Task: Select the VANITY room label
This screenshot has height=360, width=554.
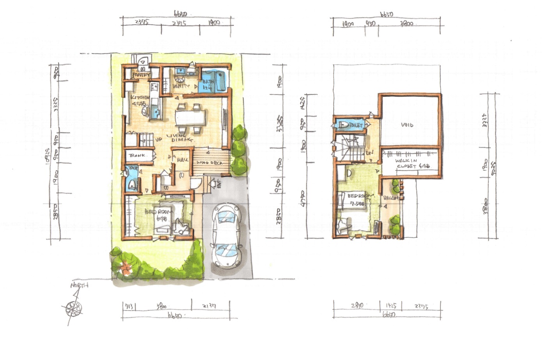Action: click(181, 86)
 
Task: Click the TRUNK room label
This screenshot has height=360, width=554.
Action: click(137, 155)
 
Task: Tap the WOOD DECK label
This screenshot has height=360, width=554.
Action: click(210, 162)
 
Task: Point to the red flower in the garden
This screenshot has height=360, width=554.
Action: click(126, 268)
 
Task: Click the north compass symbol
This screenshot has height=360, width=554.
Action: click(73, 308)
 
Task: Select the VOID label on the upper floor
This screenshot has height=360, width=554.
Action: click(407, 125)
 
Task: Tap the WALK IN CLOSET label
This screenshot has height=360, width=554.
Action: click(410, 163)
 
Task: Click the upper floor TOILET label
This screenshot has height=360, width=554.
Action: click(356, 125)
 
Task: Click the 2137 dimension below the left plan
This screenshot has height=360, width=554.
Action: click(210, 306)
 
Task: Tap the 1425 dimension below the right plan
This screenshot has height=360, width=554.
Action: click(390, 306)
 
